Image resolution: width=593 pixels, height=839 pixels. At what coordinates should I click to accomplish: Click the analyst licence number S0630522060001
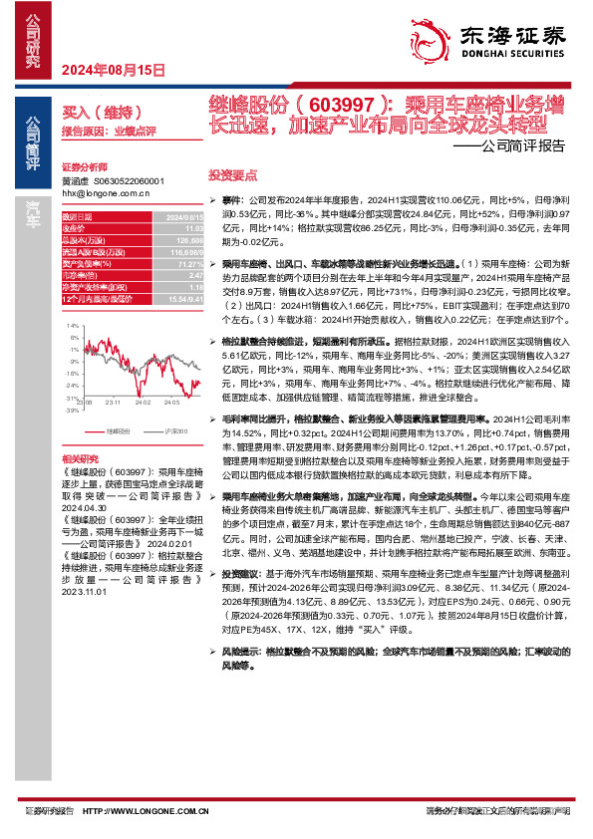(128, 181)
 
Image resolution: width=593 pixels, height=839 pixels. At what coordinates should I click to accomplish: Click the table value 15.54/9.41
(184, 300)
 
